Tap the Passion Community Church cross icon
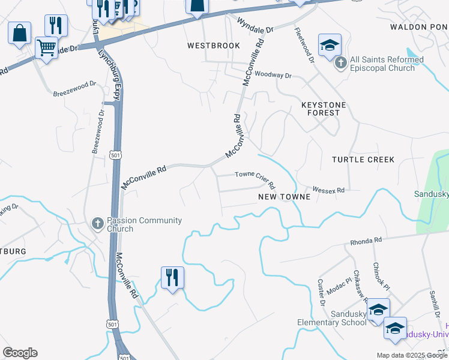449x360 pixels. tap(97, 223)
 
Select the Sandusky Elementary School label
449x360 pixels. tap(332, 319)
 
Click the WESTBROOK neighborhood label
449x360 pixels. tap(213, 46)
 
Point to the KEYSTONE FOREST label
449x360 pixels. tap(324, 109)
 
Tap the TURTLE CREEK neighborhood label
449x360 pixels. tap(363, 160)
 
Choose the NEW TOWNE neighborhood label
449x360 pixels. tap(284, 197)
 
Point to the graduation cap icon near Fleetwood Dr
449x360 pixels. tap(329, 44)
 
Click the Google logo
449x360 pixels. tap(20, 353)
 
